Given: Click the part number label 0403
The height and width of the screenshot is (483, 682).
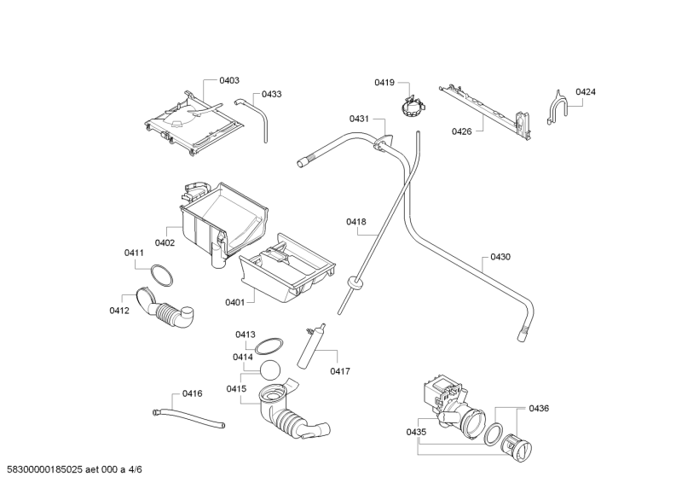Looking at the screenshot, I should pos(228,80).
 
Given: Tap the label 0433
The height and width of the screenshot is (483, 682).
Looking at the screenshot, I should pos(272,94).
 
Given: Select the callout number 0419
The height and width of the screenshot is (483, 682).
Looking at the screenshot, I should pos(384,82).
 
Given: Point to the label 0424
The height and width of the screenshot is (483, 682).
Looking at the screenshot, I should pos(585,91).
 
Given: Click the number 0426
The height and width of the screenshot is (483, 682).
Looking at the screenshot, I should pos(461,131).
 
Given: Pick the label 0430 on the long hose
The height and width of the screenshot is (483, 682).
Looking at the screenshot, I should pos(500,256).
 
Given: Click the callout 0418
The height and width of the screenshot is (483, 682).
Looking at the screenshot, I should pos(355,222).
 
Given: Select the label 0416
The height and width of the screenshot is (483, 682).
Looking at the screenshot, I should pos(193,393).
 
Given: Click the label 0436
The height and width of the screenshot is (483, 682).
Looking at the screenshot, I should pos(539,408).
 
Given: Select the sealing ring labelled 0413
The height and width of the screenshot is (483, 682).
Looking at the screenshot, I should pos(270,346).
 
